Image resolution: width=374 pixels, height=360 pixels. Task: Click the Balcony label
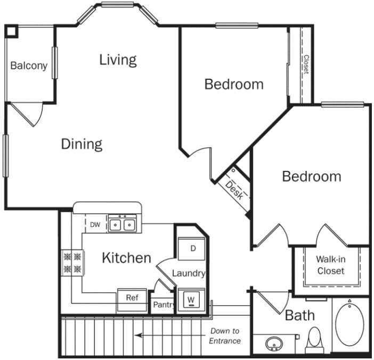29,66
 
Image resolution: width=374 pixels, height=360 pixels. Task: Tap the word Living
118,60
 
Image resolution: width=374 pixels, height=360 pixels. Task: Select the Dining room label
81,144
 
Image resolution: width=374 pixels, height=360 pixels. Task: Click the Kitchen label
126,258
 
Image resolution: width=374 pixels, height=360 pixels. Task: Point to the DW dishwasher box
95,225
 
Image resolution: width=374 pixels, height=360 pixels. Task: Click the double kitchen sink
123,225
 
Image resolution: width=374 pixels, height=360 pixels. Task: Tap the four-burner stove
73,263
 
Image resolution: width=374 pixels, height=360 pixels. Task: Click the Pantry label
163,305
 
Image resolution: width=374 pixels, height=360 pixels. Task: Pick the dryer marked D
193,249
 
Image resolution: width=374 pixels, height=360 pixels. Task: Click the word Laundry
189,273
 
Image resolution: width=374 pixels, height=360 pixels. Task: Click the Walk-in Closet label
331,265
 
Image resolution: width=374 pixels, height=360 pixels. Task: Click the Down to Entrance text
224,336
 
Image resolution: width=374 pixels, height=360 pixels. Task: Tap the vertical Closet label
306,64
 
